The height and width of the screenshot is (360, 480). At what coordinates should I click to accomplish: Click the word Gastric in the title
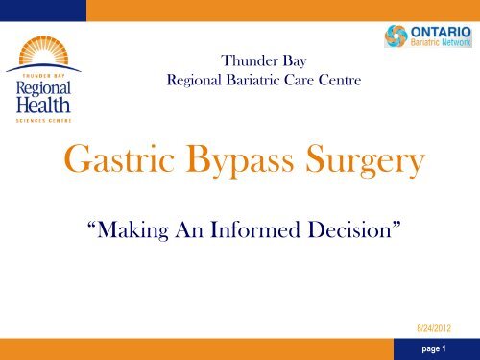tap(119, 159)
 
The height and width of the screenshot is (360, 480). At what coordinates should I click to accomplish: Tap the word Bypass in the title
tap(240, 160)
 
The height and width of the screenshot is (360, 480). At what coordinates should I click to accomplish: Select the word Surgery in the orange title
tap(365, 160)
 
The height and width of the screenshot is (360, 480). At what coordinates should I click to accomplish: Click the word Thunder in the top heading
tap(245, 60)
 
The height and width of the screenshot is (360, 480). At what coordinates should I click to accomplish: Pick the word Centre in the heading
tap(340, 80)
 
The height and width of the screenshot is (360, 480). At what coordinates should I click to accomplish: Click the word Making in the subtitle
tap(132, 230)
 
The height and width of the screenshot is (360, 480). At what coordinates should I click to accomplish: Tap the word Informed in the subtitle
tap(255, 229)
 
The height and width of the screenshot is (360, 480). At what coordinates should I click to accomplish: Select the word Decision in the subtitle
tap(349, 229)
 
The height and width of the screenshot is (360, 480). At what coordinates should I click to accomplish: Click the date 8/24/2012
tap(434, 328)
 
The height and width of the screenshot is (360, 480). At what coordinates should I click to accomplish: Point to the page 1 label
tap(434, 348)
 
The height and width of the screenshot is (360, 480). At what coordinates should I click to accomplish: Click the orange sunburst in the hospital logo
tap(43, 51)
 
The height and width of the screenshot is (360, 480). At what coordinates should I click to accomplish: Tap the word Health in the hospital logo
tap(43, 105)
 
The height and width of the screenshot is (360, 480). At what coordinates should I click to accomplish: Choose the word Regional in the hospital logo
tap(43, 88)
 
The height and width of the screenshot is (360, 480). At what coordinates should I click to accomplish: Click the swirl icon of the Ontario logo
tap(396, 36)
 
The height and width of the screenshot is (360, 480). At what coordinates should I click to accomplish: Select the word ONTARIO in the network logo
tap(441, 32)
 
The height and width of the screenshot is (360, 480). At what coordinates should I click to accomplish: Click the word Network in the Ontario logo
tap(456, 42)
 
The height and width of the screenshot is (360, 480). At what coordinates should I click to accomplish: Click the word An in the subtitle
tap(189, 229)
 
